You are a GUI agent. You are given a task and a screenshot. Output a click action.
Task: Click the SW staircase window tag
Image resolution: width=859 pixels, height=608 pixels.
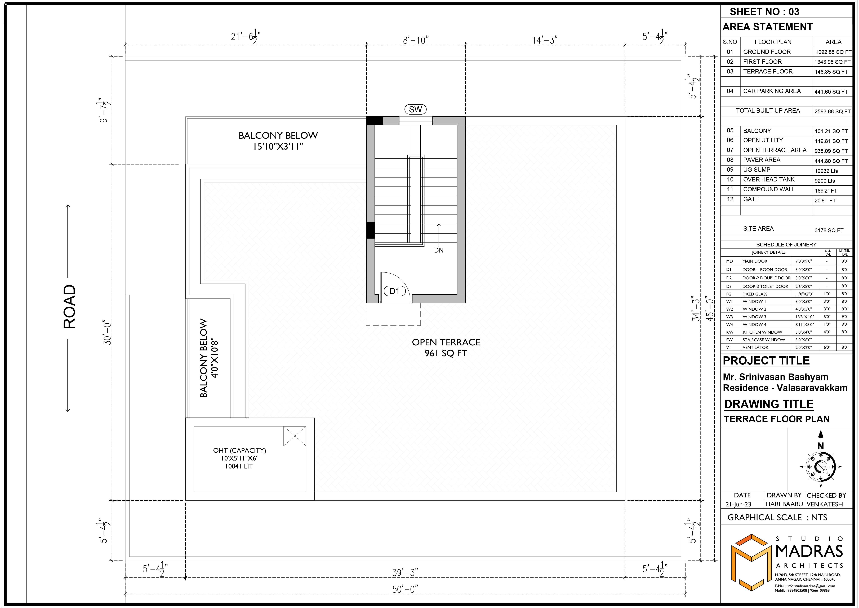[x=415, y=109]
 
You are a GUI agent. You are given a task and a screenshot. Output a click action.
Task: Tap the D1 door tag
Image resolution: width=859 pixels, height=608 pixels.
[x=394, y=291]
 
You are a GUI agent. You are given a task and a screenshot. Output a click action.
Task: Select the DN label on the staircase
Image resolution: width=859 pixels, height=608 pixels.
[x=439, y=250]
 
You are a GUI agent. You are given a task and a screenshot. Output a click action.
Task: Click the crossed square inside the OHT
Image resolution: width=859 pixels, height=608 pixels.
[x=295, y=436]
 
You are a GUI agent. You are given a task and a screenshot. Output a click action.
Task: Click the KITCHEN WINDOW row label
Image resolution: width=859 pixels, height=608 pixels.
[x=762, y=332]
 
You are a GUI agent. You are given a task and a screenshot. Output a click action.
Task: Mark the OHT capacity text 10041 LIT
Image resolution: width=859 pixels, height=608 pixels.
[x=239, y=466]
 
